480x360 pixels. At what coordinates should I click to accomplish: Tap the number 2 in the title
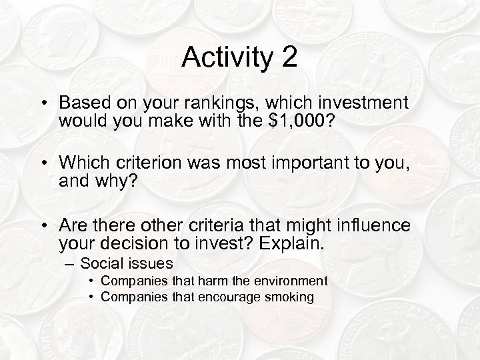pyautogui.click(x=289, y=58)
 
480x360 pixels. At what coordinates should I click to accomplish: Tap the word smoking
pyautogui.click(x=289, y=297)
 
